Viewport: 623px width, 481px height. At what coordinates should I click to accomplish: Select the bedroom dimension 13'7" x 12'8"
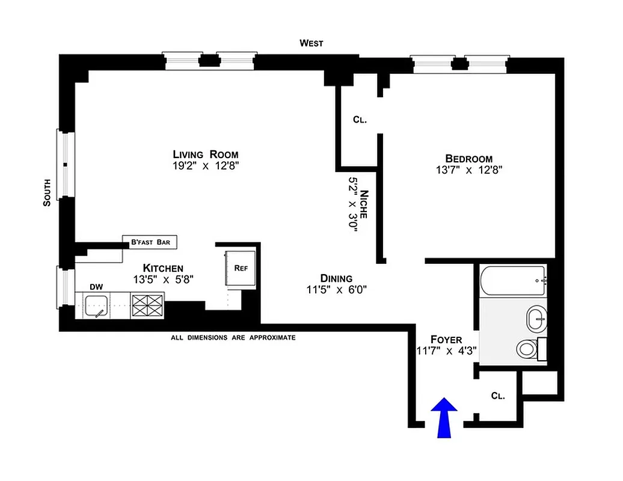pos(469,170)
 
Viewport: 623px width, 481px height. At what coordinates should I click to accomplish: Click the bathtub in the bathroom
pos(513,281)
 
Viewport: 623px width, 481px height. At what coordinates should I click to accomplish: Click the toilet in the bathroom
pos(527,349)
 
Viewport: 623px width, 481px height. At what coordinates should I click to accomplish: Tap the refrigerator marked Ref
pos(241,268)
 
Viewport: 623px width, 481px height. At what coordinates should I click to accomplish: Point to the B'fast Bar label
pos(150,242)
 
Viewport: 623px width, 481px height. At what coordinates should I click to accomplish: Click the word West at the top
pos(311,43)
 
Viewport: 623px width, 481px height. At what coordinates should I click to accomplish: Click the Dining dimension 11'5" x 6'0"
pos(336,289)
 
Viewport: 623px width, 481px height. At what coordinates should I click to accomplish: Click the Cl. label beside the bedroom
pos(360,120)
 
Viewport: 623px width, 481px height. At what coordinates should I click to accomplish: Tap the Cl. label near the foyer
pos(497,396)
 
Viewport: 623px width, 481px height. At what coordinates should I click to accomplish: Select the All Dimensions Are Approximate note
pos(233,338)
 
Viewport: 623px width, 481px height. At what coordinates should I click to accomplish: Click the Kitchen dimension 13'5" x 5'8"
pos(163,279)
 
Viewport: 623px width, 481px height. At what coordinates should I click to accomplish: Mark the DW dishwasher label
pos(96,287)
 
